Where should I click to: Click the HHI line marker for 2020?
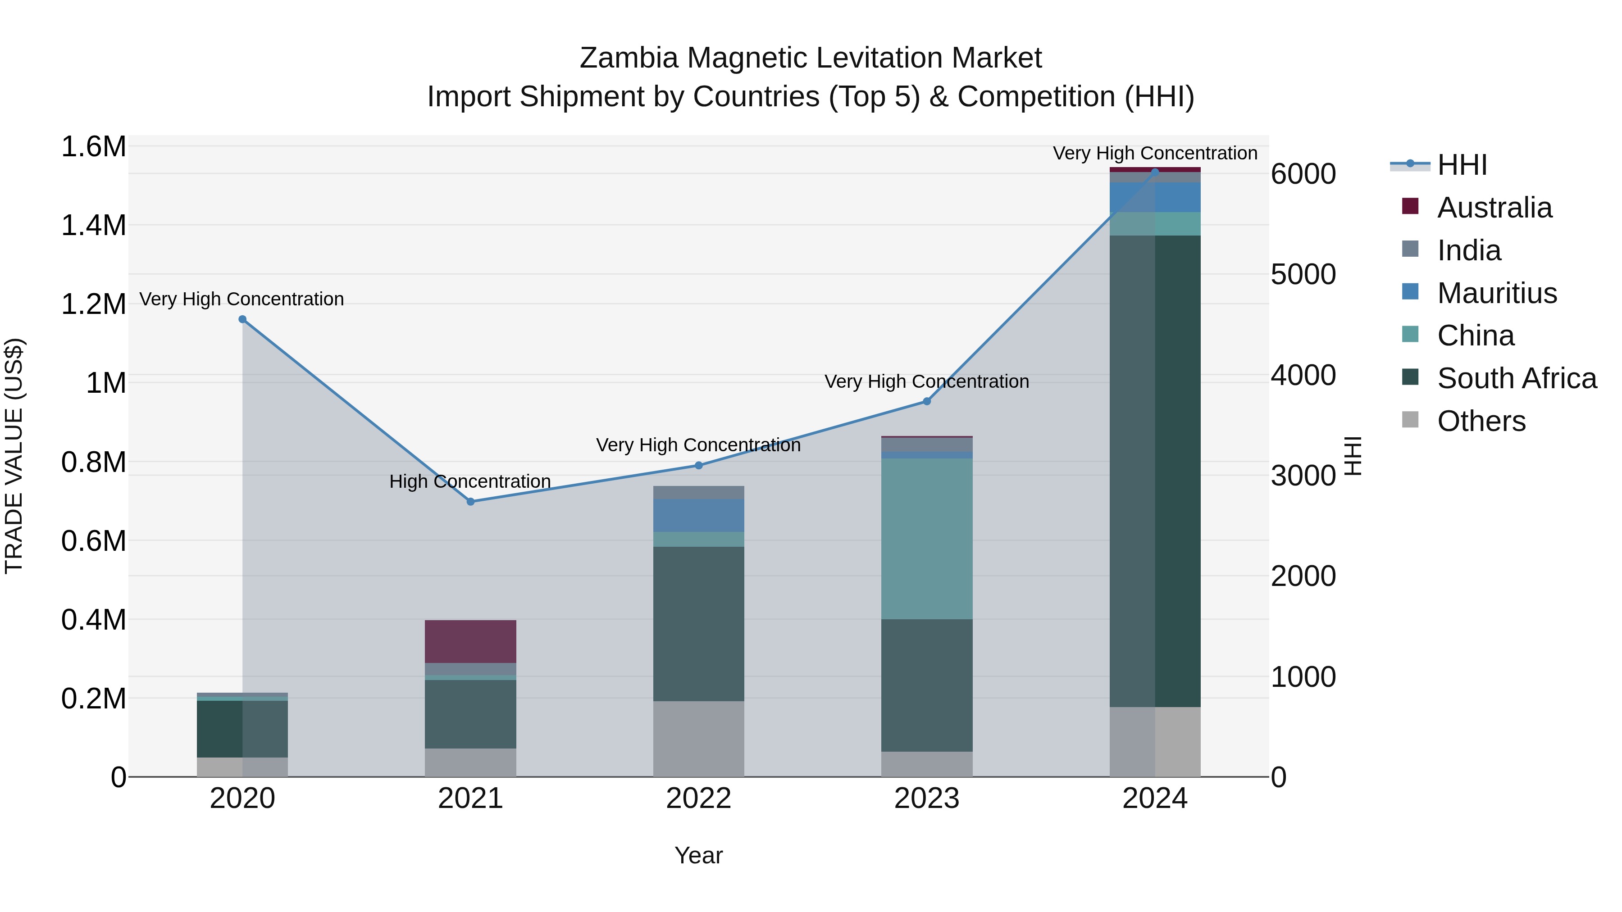[x=242, y=319]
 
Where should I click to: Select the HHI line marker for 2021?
[x=470, y=502]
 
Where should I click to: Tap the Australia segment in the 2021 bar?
[x=470, y=641]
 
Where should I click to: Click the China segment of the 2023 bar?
[x=926, y=538]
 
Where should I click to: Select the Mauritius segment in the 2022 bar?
[x=698, y=516]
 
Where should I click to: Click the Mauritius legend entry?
[x=1497, y=293]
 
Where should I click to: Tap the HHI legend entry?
[x=1462, y=165]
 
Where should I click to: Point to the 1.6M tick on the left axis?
[x=94, y=147]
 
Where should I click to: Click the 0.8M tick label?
[x=94, y=462]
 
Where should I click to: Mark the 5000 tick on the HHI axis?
[x=1303, y=274]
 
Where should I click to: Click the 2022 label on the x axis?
[x=698, y=799]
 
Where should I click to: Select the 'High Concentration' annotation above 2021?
[x=470, y=481]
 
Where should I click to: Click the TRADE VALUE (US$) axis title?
[x=14, y=456]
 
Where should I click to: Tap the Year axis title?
[x=698, y=855]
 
